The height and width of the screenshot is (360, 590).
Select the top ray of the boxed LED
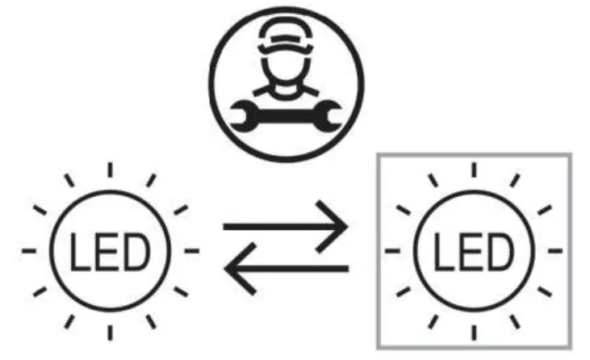click(x=472, y=170)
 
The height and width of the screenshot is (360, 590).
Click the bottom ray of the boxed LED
click(x=472, y=332)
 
